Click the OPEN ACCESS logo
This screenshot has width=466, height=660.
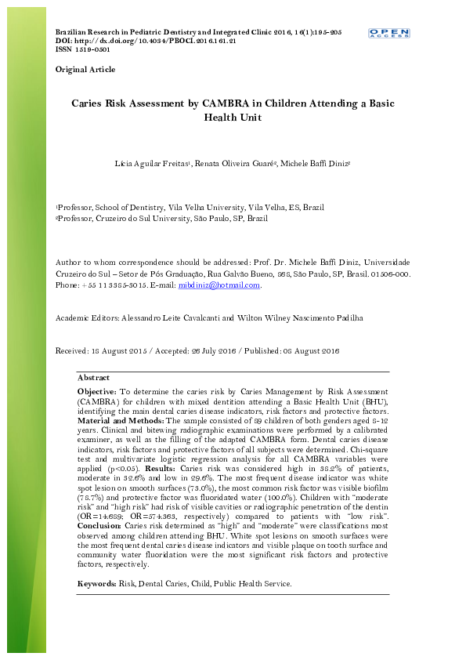coord(389,33)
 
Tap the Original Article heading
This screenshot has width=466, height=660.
coord(85,70)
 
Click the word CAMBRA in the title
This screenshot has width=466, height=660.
coord(225,103)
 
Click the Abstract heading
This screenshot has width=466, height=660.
coord(93,378)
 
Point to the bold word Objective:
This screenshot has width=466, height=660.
coord(97,390)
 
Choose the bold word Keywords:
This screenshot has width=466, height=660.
coord(96,584)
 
